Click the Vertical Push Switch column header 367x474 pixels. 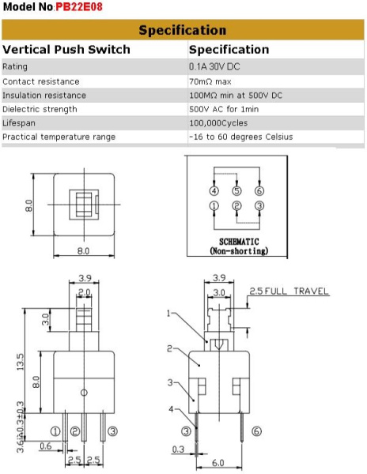(x=66, y=49)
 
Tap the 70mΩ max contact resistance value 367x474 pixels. (x=214, y=81)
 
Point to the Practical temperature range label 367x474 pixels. (x=59, y=137)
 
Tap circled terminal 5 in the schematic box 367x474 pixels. (x=236, y=191)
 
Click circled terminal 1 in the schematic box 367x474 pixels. (x=214, y=207)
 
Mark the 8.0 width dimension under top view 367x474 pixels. (x=83, y=251)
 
